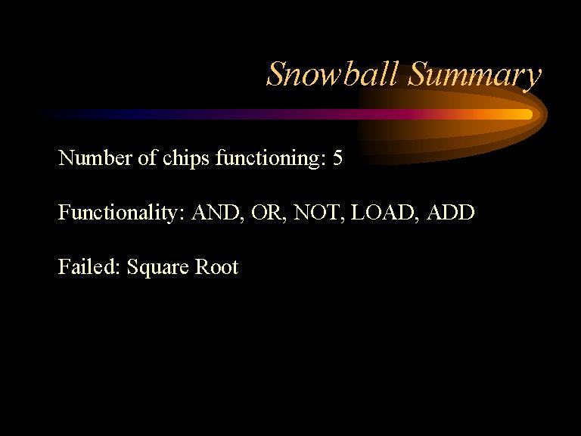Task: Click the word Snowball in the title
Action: (x=332, y=74)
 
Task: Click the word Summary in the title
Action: (x=474, y=76)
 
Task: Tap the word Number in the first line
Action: (x=95, y=157)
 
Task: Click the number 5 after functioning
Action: (x=337, y=158)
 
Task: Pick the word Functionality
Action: (x=121, y=213)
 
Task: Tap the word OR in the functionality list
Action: (x=269, y=213)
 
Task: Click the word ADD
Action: (x=451, y=212)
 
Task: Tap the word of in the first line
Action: (x=147, y=157)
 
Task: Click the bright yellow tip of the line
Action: (x=529, y=114)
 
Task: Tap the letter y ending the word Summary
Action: (x=532, y=79)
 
